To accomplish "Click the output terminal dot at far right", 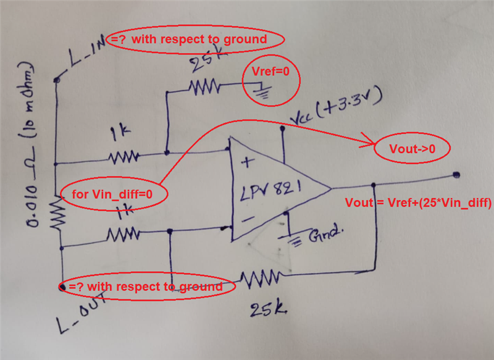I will click(x=456, y=175).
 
